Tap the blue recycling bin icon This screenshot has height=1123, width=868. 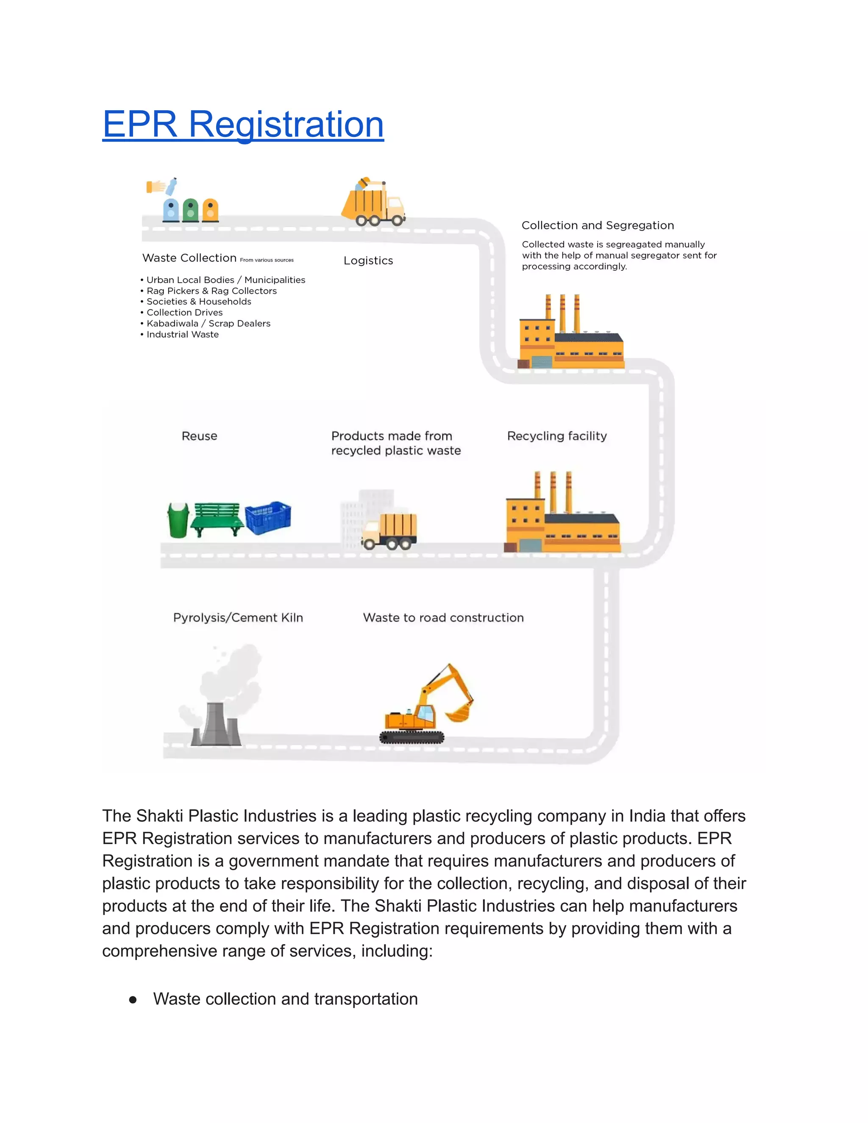(x=171, y=210)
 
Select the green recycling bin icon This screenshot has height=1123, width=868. (x=190, y=210)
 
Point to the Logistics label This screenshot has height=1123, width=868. (x=368, y=261)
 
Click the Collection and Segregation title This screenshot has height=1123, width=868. (x=598, y=225)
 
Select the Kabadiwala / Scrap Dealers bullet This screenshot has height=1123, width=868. (x=208, y=323)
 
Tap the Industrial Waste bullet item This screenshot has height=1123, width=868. (x=183, y=334)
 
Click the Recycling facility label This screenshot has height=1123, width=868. (x=557, y=436)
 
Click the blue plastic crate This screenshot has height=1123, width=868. (x=268, y=517)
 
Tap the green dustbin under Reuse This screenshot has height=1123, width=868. (x=178, y=520)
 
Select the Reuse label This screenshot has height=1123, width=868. (x=200, y=436)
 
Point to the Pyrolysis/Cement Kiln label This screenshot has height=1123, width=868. (x=238, y=617)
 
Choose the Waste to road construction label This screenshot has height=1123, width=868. (x=443, y=617)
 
